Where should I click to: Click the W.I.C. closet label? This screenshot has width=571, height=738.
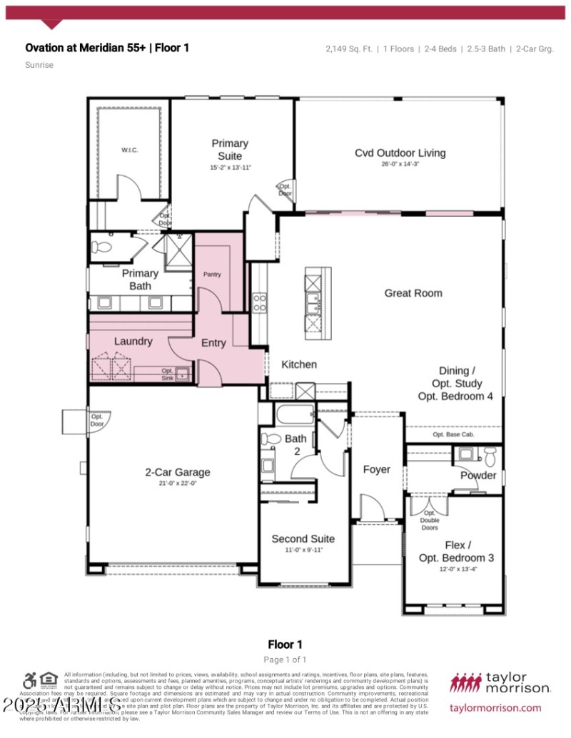tap(129, 150)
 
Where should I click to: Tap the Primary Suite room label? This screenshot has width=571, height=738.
tap(230, 150)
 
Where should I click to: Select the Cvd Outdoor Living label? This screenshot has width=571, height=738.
tap(400, 153)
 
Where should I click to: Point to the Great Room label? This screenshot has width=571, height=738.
tap(413, 293)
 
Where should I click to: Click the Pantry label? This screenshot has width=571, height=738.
tap(212, 275)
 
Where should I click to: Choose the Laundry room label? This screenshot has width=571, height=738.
tap(133, 342)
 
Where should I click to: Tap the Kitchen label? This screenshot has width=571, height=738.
tap(299, 364)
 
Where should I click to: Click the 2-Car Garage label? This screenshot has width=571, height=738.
tap(177, 472)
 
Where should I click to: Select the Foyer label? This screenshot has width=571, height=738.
tap(376, 469)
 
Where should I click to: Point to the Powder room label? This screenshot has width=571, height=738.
tap(477, 476)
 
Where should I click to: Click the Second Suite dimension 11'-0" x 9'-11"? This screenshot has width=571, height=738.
tap(303, 550)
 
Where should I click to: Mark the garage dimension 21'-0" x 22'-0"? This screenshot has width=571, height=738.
tap(177, 483)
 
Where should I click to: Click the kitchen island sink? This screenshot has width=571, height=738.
tap(312, 304)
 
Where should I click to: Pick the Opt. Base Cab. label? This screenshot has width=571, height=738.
tap(453, 434)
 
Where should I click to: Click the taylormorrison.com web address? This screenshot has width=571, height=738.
tap(496, 708)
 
